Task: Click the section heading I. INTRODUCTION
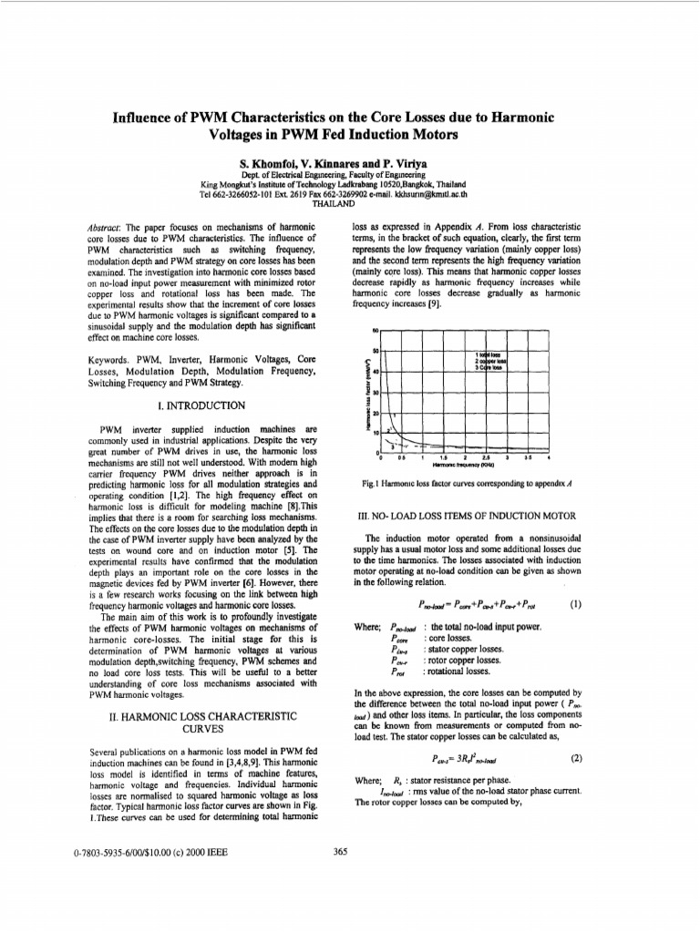click(x=202, y=405)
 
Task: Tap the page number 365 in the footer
click(x=341, y=852)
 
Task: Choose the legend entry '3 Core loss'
click(x=489, y=367)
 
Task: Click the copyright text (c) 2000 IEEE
click(x=196, y=853)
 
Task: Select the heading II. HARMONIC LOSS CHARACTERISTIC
click(x=202, y=719)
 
